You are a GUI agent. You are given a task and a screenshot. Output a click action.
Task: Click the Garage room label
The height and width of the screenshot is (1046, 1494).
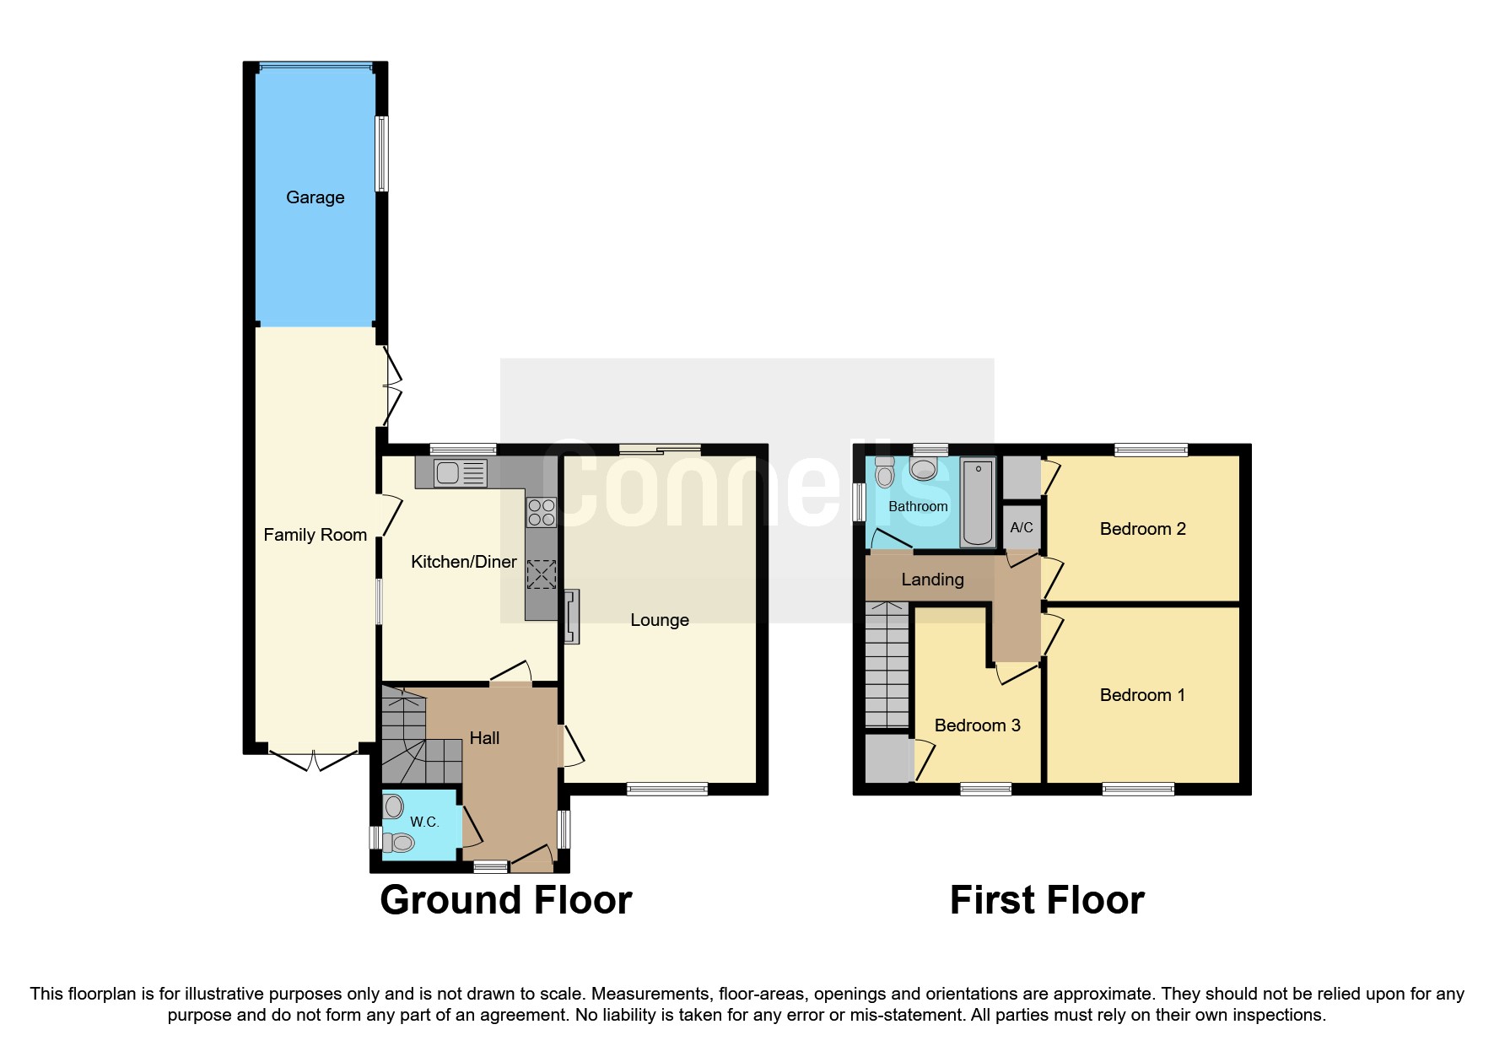pos(315,197)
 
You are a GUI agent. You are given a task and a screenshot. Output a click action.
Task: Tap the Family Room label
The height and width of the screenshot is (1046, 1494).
pos(315,535)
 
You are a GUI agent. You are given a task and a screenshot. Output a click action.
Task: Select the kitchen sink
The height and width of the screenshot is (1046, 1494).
pos(460,473)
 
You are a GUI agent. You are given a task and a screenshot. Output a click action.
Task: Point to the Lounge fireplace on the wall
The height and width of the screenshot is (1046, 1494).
pos(572,617)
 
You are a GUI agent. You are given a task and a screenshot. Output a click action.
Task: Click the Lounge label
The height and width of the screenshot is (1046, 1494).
pos(660,621)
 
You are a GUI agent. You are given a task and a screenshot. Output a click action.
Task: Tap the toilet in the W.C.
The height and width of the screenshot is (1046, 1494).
pos(398,842)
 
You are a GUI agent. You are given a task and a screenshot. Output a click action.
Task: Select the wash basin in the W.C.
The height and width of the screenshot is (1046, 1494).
pos(393,807)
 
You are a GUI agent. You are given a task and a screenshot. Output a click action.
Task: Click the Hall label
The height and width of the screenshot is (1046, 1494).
pos(484,738)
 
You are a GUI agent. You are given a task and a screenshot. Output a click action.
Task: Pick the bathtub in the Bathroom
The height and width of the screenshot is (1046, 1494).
pos(979,502)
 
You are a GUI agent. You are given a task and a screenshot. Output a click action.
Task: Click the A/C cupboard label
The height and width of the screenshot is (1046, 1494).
pos(1022,528)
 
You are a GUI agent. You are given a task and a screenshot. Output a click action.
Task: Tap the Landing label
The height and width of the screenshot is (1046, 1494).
pos(932,580)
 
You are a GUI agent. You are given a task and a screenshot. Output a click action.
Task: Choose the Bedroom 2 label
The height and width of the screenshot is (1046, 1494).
pos(1142,529)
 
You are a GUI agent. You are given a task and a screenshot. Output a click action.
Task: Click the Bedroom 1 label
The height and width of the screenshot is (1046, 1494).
pos(1142,695)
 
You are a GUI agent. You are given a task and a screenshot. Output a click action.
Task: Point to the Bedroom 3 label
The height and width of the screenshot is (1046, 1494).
pos(977,725)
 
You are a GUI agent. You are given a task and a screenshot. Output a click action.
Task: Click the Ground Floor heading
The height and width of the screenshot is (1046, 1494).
pos(505,900)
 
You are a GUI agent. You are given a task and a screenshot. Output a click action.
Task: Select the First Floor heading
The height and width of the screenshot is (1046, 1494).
pos(1047,900)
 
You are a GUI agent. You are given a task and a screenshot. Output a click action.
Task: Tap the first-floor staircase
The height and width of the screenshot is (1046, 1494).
pos(887,666)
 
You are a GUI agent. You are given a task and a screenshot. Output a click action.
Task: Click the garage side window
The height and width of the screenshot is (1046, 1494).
pos(382,153)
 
